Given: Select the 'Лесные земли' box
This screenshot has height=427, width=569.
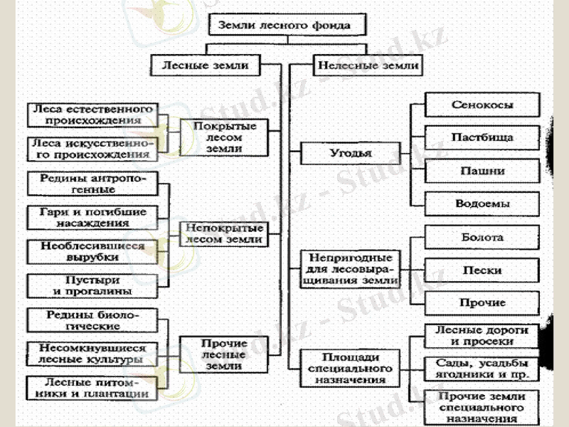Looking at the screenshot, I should [206, 66].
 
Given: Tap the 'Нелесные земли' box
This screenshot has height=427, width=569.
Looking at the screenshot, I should [366, 66].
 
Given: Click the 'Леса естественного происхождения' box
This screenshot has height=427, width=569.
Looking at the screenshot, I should [91, 115].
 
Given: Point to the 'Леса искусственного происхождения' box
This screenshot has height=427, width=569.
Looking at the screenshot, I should [91, 149].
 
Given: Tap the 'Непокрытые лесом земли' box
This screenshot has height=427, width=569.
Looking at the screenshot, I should [223, 234].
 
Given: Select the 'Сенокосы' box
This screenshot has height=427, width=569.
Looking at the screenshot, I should [482, 105].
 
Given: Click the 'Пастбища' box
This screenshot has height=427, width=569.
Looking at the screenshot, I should [482, 137].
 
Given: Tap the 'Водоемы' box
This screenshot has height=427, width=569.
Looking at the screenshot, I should [482, 204].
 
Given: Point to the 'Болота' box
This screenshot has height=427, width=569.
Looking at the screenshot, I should [482, 238].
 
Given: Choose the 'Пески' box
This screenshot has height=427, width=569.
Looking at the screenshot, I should [482, 271].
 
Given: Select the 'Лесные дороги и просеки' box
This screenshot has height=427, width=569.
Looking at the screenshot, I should [482, 336].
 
